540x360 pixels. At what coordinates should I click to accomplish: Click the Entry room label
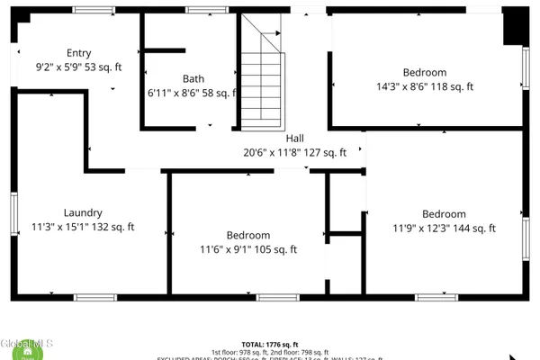(x=79, y=53)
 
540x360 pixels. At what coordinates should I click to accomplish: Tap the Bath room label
(x=193, y=78)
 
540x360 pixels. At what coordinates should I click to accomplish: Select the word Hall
(x=294, y=139)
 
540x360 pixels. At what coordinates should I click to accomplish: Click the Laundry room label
(x=82, y=213)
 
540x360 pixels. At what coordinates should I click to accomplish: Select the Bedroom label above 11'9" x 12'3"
(x=445, y=214)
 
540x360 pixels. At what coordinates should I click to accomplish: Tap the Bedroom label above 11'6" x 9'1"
(x=248, y=235)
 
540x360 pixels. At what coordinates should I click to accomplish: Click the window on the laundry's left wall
(x=14, y=214)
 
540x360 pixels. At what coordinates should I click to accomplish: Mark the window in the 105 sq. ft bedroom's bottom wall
(x=278, y=297)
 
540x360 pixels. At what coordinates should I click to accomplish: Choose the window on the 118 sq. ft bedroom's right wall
(x=526, y=67)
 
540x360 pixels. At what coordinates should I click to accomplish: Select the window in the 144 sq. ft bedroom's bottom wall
(x=437, y=297)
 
